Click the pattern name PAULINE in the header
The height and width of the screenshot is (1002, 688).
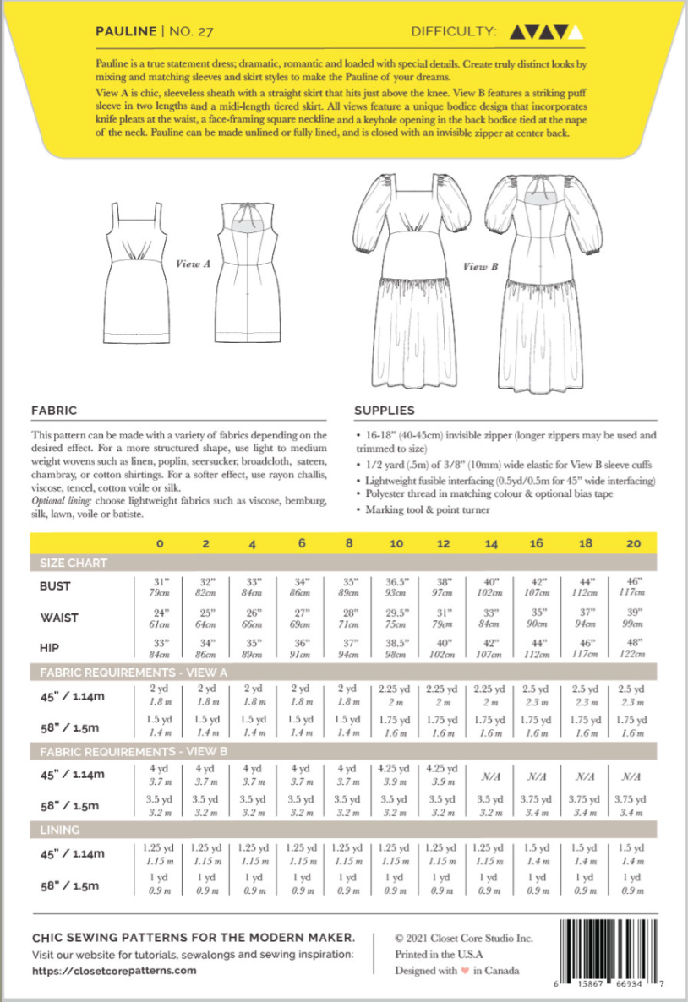coord(125,31)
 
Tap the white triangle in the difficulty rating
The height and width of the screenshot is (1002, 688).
coord(576,32)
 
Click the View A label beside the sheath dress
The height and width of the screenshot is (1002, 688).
coord(194,264)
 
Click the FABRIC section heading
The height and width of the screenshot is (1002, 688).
coord(54,411)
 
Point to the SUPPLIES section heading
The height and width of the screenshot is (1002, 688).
coord(385,411)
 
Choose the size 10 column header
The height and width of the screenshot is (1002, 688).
coord(396,543)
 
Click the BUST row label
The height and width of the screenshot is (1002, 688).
coord(56,585)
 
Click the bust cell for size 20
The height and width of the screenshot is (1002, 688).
coord(630,585)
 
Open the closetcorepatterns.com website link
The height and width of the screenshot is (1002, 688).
coord(114,971)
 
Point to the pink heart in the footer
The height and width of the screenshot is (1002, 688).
coord(464,970)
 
